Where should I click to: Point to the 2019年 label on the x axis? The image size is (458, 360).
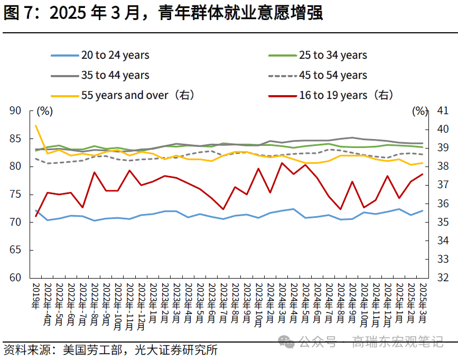point(36,297)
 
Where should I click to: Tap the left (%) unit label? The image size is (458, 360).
point(45,111)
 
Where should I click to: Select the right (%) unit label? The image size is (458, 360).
point(419,111)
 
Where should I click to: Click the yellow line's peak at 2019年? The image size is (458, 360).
point(36,126)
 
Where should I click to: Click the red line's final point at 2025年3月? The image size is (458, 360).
point(423,174)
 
